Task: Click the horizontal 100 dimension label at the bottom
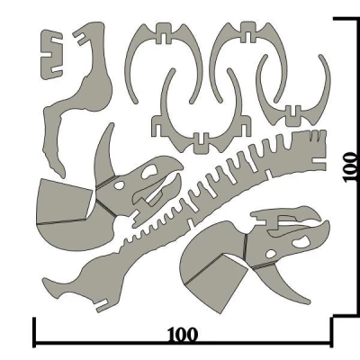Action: tap(183, 335)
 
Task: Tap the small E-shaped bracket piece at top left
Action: tap(53, 52)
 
